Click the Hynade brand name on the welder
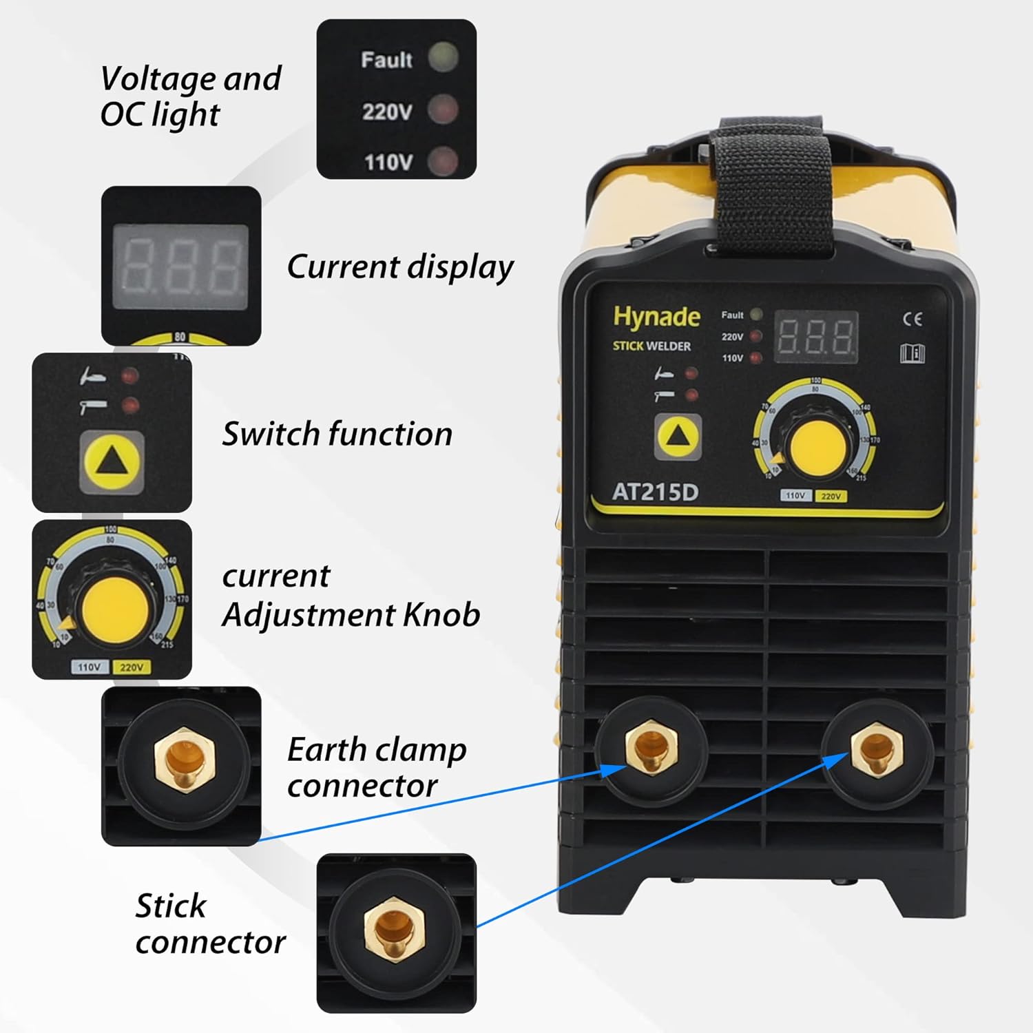coord(656,317)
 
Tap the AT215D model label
coord(655,492)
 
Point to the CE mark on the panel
coord(912,319)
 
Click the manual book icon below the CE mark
coord(912,353)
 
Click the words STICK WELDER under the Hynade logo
coord(651,346)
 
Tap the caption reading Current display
coord(399,267)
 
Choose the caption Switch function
coord(337,435)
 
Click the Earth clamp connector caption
coord(376,767)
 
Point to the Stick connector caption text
coord(209,924)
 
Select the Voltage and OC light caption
coord(190,96)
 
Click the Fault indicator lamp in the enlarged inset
coord(443,58)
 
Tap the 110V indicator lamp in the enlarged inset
coord(443,162)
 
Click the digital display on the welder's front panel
coord(817,337)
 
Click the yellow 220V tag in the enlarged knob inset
coord(131,667)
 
